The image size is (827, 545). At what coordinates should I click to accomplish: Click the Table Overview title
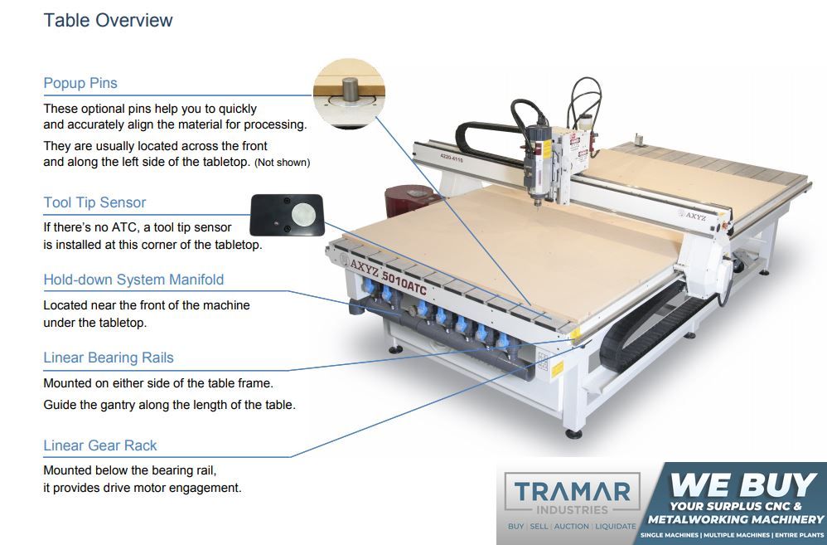click(x=108, y=20)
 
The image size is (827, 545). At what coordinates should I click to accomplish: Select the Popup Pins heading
click(x=80, y=83)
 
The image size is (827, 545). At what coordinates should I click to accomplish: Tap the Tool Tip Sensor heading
click(x=94, y=202)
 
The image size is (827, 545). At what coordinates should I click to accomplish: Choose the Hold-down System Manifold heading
click(x=133, y=280)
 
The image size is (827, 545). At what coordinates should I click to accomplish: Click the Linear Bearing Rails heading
click(x=108, y=358)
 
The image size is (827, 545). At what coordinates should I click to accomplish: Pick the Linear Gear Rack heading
click(x=100, y=445)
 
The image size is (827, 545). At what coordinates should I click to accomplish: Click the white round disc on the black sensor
click(x=303, y=214)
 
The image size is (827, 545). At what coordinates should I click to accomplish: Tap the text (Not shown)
click(x=283, y=163)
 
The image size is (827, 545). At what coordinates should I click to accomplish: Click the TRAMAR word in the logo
click(x=573, y=491)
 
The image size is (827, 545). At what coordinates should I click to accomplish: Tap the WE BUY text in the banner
click(x=743, y=484)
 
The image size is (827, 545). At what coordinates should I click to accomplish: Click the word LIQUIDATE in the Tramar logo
click(x=616, y=527)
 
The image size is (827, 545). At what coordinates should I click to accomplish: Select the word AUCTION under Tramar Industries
click(x=572, y=527)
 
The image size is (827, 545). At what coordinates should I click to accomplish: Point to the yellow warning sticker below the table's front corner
click(x=557, y=369)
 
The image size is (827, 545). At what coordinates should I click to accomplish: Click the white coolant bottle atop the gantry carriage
click(x=584, y=124)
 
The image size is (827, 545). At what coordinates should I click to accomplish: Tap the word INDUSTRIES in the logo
click(x=573, y=510)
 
